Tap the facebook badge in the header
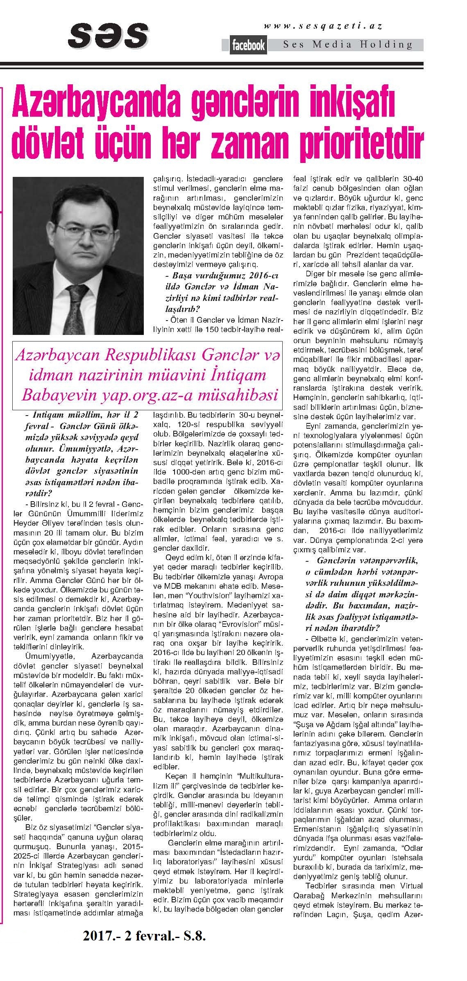click(249, 46)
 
